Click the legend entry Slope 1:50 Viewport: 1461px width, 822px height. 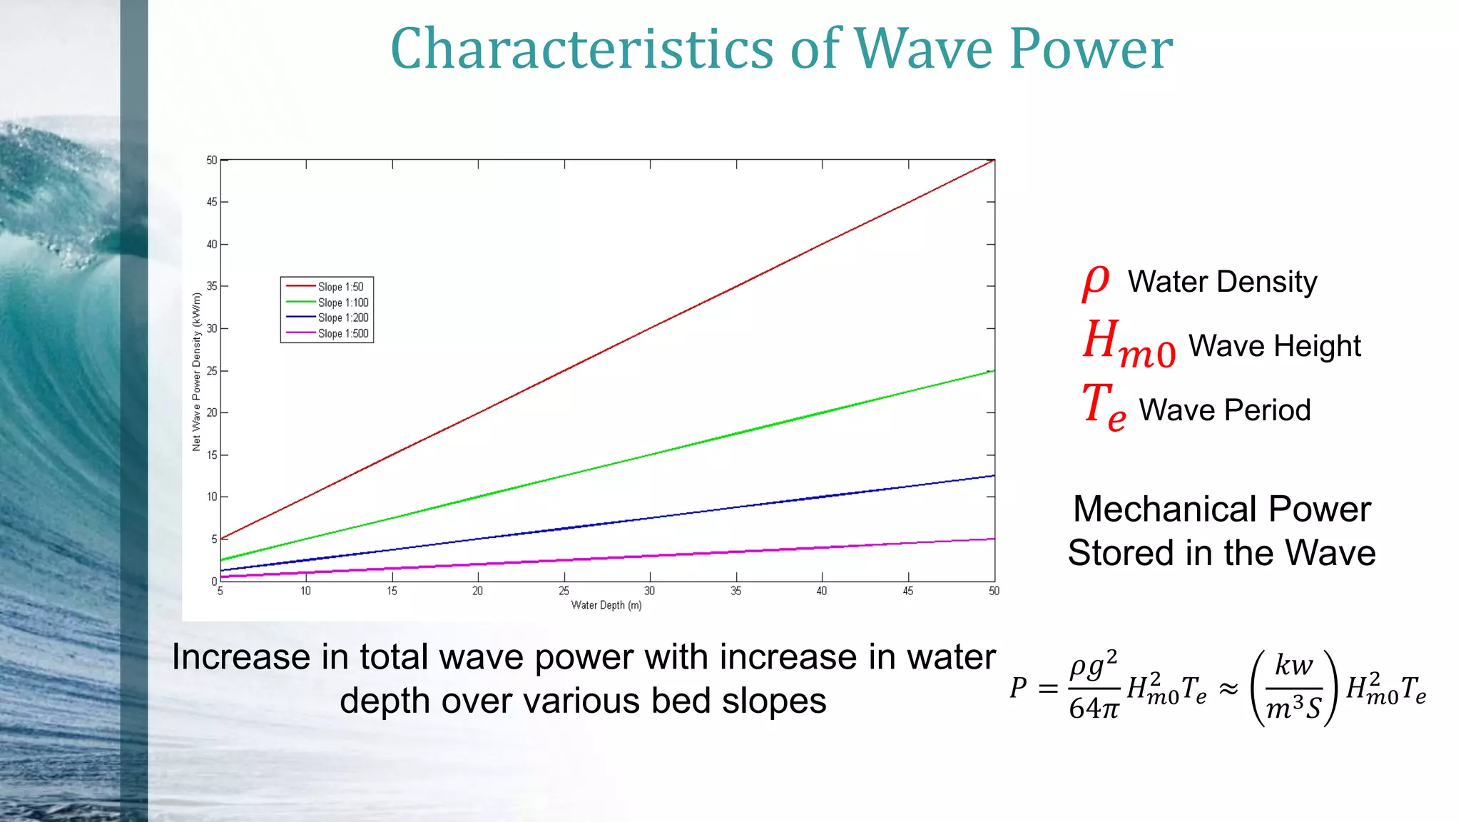pyautogui.click(x=340, y=287)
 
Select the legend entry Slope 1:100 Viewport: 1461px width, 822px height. pyautogui.click(x=342, y=303)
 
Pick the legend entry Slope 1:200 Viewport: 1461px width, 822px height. pyautogui.click(x=342, y=318)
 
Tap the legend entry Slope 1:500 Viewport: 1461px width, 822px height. pyautogui.click(x=342, y=333)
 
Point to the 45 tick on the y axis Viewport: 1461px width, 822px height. pyautogui.click(x=212, y=202)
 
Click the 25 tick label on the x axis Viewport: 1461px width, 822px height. pyautogui.click(x=564, y=591)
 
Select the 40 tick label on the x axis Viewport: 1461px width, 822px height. pyautogui.click(x=822, y=591)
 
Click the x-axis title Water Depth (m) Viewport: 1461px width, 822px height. pyautogui.click(x=606, y=605)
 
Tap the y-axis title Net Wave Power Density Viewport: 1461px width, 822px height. pyautogui.click(x=196, y=371)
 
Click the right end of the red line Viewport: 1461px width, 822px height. pyautogui.click(x=993, y=161)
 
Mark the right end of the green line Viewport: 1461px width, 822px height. pyautogui.click(x=993, y=371)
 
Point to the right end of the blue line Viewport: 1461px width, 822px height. pyautogui.click(x=993, y=476)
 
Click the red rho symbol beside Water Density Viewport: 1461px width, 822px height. pyautogui.click(x=1096, y=282)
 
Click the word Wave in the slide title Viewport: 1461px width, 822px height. pyautogui.click(x=924, y=49)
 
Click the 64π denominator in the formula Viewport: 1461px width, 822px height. pyautogui.click(x=1094, y=709)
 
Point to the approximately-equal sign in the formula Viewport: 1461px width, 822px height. pyautogui.click(x=1228, y=689)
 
